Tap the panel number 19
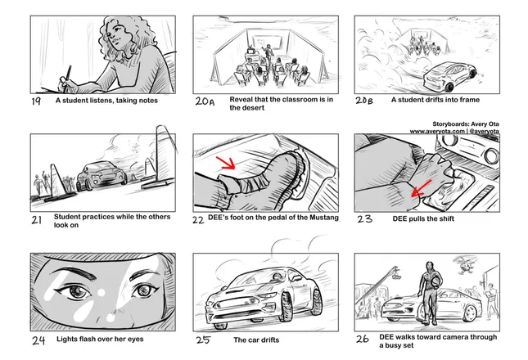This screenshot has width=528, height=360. pyautogui.click(x=36, y=101)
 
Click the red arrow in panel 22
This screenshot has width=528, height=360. pyautogui.click(x=226, y=163)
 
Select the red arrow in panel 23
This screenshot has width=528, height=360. pyautogui.click(x=422, y=188)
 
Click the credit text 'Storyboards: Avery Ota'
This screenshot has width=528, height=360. pyautogui.click(x=466, y=124)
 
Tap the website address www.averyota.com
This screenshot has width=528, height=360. pyautogui.click(x=437, y=131)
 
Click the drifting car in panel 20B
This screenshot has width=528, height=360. pyautogui.click(x=449, y=77)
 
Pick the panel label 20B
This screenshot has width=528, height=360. pyautogui.click(x=364, y=101)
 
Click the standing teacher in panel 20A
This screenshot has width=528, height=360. pyautogui.click(x=268, y=53)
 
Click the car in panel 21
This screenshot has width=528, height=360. pyautogui.click(x=102, y=176)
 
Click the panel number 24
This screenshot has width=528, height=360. pyautogui.click(x=38, y=340)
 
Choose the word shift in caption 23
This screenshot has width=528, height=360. pyautogui.click(x=446, y=218)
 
